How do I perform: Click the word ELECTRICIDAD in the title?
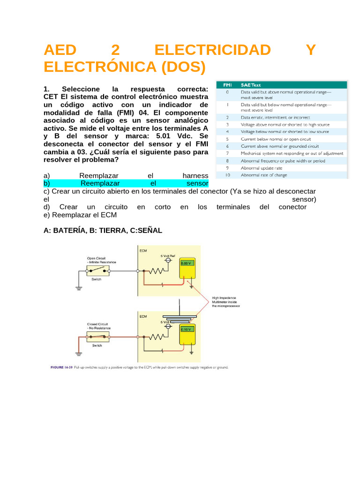pos(212,50)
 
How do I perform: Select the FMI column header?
pos(227,85)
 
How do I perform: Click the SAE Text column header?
pos(251,85)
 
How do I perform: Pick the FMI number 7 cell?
pos(227,153)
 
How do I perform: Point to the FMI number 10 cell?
pos(228,175)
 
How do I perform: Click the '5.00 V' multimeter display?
pos(186,263)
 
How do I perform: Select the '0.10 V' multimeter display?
pos(186,330)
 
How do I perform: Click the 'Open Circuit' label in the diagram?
pos(96,258)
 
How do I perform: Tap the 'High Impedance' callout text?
pos(224,297)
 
